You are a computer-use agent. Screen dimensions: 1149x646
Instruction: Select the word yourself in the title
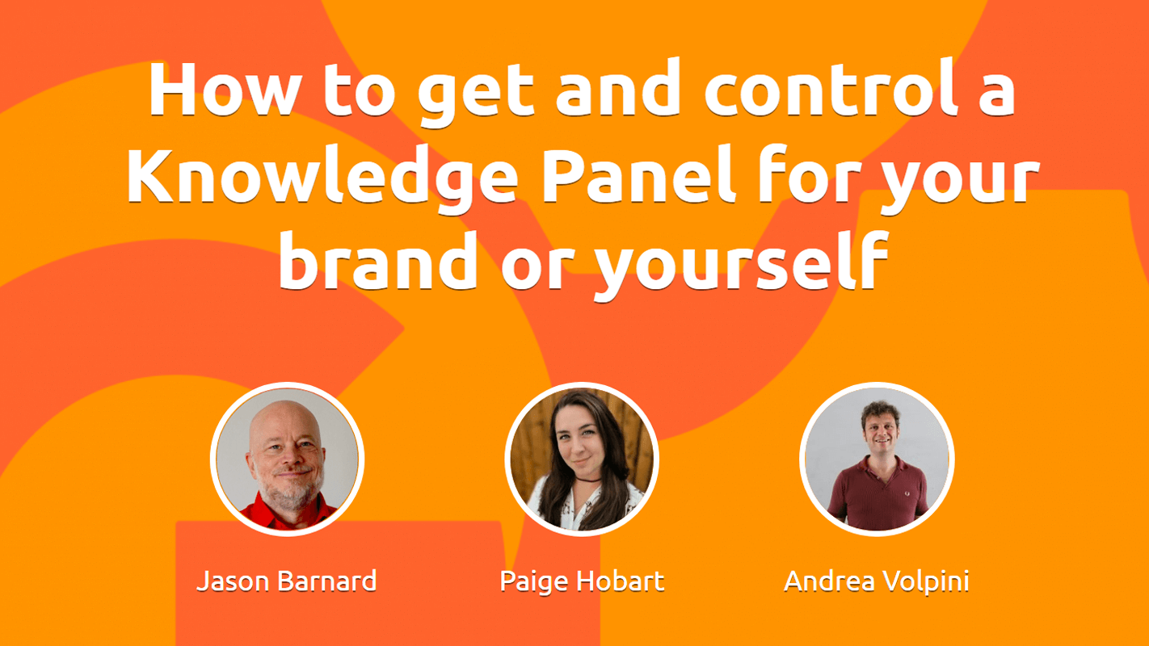(x=741, y=263)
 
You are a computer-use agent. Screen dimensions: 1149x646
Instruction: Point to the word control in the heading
(x=831, y=88)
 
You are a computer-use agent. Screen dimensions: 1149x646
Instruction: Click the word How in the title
(x=224, y=89)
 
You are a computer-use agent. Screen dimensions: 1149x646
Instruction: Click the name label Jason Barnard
(x=287, y=581)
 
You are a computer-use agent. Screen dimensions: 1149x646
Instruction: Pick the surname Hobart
(x=620, y=581)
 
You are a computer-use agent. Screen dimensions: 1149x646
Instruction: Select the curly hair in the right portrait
(x=880, y=413)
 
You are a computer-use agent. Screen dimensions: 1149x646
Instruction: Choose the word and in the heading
(x=619, y=88)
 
